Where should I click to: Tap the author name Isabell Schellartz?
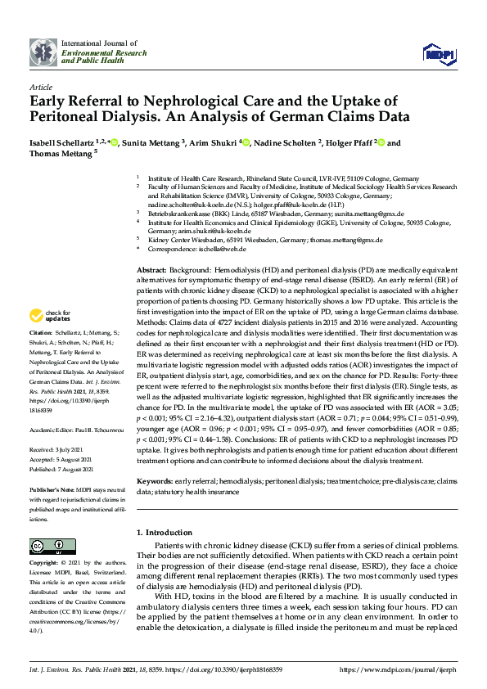61,143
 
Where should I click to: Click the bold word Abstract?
151,268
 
